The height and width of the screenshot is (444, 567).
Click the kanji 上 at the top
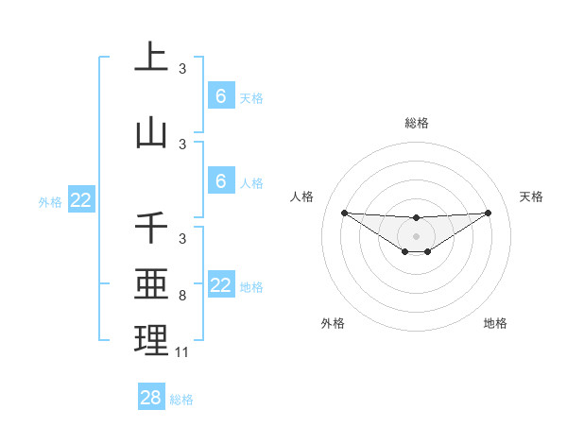pyautogui.click(x=151, y=57)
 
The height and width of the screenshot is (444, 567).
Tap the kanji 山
pyautogui.click(x=151, y=133)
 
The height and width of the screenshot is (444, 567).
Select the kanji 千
pyautogui.click(x=151, y=230)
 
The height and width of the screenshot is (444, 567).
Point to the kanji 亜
pyautogui.click(x=151, y=284)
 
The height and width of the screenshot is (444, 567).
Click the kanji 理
pyautogui.click(x=151, y=341)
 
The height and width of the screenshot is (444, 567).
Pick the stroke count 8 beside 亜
pyautogui.click(x=182, y=296)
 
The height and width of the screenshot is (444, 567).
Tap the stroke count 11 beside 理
pyautogui.click(x=182, y=352)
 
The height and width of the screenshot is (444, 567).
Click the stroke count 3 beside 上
pyautogui.click(x=182, y=68)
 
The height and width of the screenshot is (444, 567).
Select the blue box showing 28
pyautogui.click(x=151, y=398)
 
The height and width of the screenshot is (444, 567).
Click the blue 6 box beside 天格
pyautogui.click(x=220, y=95)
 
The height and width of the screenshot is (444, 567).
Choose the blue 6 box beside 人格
pyautogui.click(x=220, y=180)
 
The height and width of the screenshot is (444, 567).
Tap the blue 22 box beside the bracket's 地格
pyautogui.click(x=220, y=285)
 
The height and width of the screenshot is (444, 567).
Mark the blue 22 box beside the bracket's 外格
pyautogui.click(x=81, y=200)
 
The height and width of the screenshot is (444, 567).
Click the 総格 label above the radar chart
pyautogui.click(x=416, y=123)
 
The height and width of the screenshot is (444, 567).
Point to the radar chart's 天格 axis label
pyautogui.click(x=532, y=196)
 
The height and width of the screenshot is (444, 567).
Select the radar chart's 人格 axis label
pyautogui.click(x=301, y=196)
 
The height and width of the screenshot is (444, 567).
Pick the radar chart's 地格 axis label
pyautogui.click(x=495, y=323)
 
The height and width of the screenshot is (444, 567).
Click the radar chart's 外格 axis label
pyautogui.click(x=333, y=323)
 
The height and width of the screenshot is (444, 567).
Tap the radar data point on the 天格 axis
pyautogui.click(x=489, y=213)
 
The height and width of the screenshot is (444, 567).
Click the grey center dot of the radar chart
pyautogui.click(x=416, y=235)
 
